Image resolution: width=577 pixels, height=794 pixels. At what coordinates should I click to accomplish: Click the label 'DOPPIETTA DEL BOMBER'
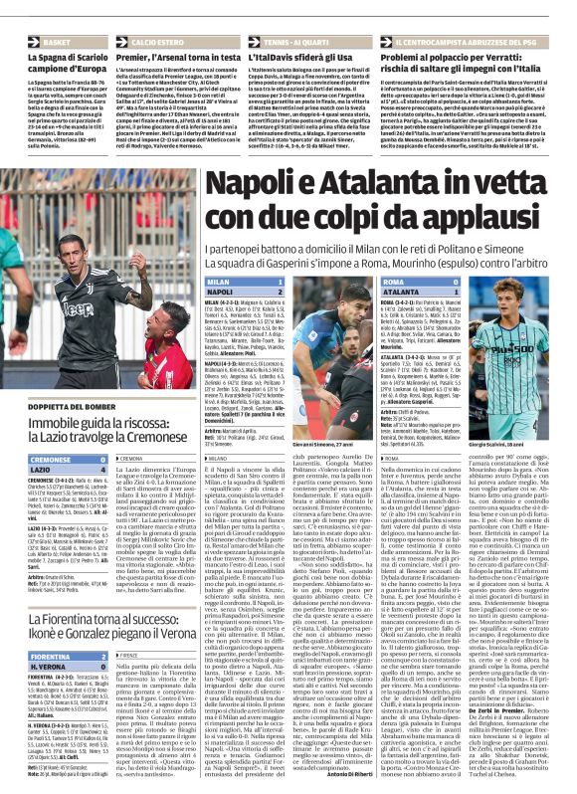coord(54,407)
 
